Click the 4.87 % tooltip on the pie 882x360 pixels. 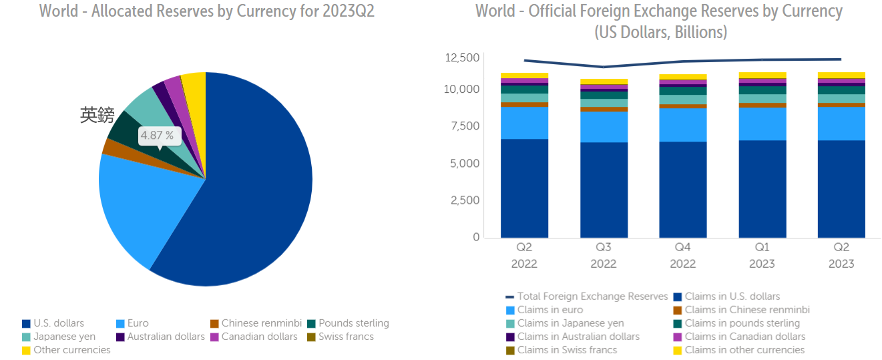click(x=160, y=136)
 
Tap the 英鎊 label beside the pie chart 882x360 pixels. click(x=97, y=116)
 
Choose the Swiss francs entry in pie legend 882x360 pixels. click(x=346, y=337)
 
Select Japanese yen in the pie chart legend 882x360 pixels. click(x=64, y=337)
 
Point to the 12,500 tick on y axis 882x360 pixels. click(x=462, y=58)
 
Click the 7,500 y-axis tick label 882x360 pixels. click(x=465, y=126)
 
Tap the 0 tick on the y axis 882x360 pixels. click(x=476, y=237)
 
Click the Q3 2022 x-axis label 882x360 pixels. click(x=603, y=255)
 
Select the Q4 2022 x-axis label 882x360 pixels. click(x=682, y=255)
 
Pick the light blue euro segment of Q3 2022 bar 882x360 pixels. click(x=603, y=127)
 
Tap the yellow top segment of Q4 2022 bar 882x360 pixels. click(x=682, y=77)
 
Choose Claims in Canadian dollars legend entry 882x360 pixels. click(x=744, y=337)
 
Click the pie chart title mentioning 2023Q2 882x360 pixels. click(x=207, y=11)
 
